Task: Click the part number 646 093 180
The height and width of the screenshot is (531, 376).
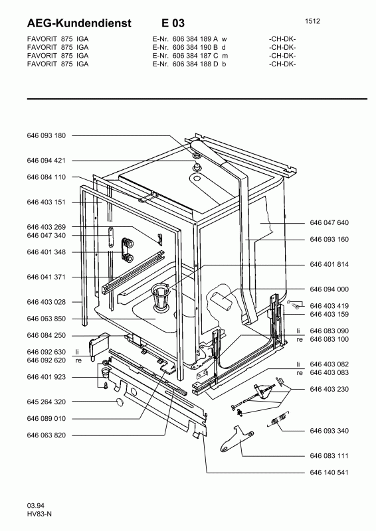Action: [x=47, y=135]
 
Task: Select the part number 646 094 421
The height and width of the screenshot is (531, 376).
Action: [x=47, y=161]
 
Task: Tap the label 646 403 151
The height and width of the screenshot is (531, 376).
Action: [x=47, y=202]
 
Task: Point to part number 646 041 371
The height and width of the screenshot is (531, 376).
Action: [x=47, y=277]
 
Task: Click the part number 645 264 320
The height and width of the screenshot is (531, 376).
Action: [x=47, y=402]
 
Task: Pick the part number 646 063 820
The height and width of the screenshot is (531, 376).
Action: [x=47, y=435]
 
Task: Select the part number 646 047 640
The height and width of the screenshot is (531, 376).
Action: [x=329, y=223]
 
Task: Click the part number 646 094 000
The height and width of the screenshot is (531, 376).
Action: [x=329, y=289]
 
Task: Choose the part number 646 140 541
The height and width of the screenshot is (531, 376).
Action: [x=329, y=473]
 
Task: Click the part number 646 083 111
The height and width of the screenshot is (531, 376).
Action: [x=329, y=456]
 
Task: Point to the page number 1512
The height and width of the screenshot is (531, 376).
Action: [x=313, y=21]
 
